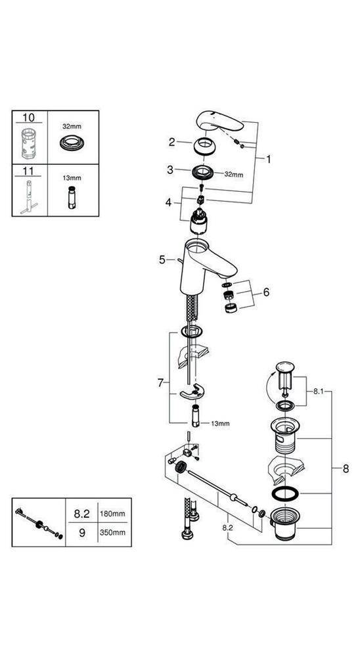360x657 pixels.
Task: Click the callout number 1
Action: [268, 159]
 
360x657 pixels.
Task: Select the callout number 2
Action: [171, 142]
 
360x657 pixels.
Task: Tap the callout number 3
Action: [169, 170]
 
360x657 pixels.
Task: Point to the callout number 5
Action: [162, 260]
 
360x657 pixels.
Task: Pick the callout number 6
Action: [266, 292]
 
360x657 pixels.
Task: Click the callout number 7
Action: [160, 383]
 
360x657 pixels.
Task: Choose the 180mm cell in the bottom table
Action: [113, 514]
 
